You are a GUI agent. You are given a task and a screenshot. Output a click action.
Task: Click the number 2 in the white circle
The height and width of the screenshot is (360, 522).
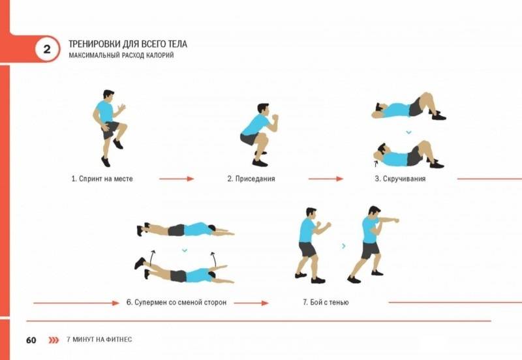click(x=47, y=50)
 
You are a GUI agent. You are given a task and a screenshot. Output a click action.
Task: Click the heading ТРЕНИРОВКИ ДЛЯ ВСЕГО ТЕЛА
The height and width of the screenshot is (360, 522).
click(x=128, y=44)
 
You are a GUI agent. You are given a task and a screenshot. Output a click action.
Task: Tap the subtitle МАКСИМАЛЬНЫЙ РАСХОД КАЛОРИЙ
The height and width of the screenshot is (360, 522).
click(x=121, y=55)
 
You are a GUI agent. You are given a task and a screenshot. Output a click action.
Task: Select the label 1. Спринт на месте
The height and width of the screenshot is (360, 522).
click(x=102, y=179)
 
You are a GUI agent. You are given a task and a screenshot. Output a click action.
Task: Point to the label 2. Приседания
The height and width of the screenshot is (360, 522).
click(x=251, y=179)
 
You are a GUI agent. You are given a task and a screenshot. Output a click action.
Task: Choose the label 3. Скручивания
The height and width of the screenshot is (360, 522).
click(x=400, y=179)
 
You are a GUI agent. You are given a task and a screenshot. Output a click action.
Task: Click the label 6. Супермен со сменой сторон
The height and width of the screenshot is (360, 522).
click(x=176, y=303)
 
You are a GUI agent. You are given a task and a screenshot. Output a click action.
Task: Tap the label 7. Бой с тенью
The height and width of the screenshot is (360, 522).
click(x=326, y=303)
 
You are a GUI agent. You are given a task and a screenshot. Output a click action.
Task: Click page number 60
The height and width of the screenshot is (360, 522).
click(x=31, y=340)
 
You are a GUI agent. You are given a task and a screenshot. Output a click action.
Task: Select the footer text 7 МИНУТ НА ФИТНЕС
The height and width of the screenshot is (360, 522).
click(x=99, y=339)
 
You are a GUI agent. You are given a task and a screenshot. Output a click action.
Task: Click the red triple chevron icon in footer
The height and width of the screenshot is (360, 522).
click(x=54, y=340)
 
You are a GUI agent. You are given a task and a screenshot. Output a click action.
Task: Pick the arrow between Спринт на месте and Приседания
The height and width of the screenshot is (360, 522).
click(x=176, y=179)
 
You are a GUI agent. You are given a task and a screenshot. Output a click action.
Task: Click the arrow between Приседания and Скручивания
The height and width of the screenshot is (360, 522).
click(x=326, y=179)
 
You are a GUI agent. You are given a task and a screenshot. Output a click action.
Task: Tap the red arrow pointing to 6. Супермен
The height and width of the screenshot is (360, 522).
click(x=76, y=303)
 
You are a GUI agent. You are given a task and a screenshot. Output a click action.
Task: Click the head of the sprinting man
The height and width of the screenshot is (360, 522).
click(x=108, y=94)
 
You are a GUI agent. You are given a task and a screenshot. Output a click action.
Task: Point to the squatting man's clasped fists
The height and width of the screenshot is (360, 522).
click(x=275, y=117)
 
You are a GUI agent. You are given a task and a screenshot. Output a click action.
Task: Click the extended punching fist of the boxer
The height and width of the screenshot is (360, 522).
click(x=395, y=220)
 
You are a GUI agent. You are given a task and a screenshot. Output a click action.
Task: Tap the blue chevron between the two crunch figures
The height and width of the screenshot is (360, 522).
click(x=408, y=132)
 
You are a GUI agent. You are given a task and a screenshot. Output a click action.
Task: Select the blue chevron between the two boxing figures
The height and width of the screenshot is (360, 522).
click(x=344, y=246)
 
